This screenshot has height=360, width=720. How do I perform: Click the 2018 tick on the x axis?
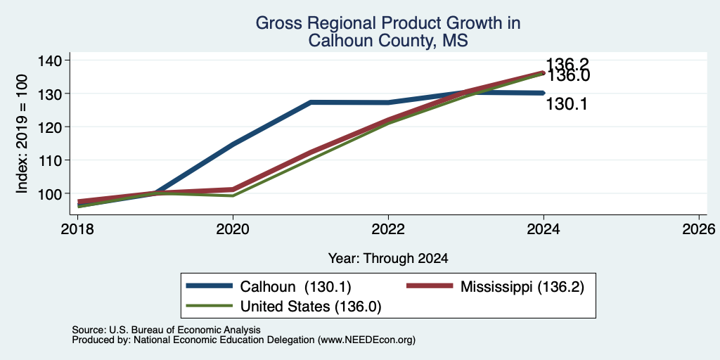tap(78, 229)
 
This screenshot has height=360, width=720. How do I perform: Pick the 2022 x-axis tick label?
tap(388, 229)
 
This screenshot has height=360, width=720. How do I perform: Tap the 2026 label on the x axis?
tap(699, 229)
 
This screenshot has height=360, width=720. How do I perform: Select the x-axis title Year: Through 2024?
tap(387, 259)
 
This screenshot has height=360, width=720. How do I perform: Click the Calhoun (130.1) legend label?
tap(296, 287)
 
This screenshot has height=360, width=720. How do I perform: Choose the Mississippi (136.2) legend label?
tap(522, 287)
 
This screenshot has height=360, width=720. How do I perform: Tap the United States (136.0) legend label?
tap(311, 307)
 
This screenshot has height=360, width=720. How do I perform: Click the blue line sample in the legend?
tap(210, 286)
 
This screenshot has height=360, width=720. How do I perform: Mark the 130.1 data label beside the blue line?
tap(567, 104)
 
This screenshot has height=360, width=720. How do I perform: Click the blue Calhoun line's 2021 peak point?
tap(311, 103)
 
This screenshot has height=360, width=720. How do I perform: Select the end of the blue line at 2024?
tap(544, 93)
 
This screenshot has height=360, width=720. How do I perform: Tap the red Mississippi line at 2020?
tap(233, 189)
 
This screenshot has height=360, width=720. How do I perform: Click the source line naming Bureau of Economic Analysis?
tap(166, 330)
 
